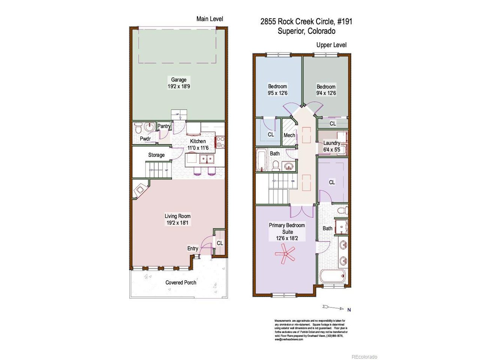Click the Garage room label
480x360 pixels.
click(179, 79)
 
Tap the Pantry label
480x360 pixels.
click(164, 126)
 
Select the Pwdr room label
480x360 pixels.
click(145, 139)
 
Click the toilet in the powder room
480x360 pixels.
click(138, 129)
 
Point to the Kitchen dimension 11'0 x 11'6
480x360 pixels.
click(198, 148)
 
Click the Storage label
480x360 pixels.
click(156, 155)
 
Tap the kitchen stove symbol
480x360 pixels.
click(220, 142)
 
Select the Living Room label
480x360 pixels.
click(178, 216)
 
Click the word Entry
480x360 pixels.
click(193, 248)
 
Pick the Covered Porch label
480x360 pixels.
click(181, 282)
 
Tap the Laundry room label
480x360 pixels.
click(331, 143)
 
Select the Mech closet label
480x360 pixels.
click(289, 135)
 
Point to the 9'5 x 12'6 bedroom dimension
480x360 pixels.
click(277, 93)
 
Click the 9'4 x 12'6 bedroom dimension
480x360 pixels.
click(326, 93)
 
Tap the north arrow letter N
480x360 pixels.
click(349, 310)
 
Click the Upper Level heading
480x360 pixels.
click(331, 45)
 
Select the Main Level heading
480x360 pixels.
click(210, 19)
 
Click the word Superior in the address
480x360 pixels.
click(291, 31)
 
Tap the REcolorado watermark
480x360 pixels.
click(364, 357)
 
